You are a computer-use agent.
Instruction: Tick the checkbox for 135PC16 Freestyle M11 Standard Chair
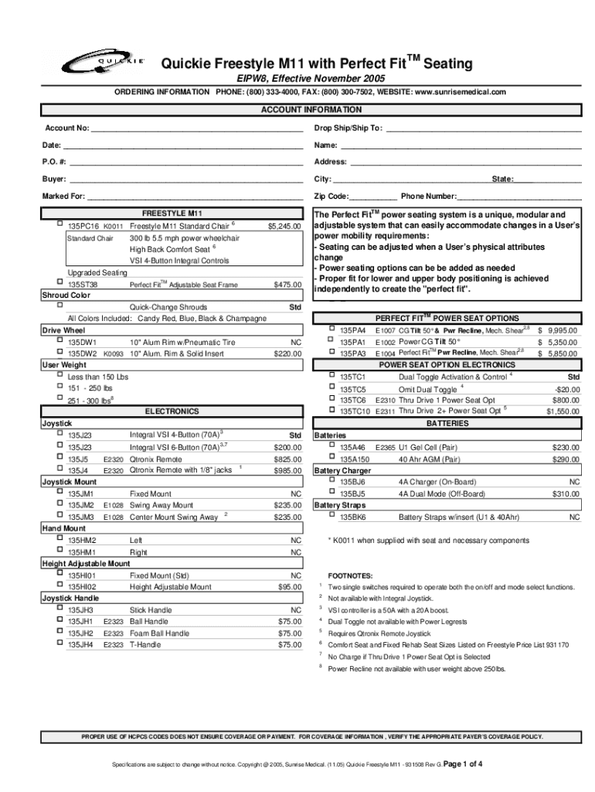[x=59, y=224]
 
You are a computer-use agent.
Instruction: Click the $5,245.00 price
[x=284, y=226]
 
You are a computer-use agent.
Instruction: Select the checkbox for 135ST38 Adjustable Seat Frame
[x=59, y=283]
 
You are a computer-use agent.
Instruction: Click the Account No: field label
[x=67, y=128]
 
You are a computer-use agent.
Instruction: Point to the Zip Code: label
[x=331, y=196]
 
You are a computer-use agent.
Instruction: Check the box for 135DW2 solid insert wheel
[x=59, y=352]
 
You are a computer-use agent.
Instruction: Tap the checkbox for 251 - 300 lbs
[x=59, y=398]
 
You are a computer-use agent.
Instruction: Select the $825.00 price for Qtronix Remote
[x=287, y=459]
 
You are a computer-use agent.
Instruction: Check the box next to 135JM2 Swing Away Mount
[x=59, y=504]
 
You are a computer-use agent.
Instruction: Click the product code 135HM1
[x=82, y=552]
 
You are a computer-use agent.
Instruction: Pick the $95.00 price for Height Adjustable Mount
[x=290, y=587]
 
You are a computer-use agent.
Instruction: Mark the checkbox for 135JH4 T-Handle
[x=59, y=643]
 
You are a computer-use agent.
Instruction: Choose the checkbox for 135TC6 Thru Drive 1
[x=331, y=399]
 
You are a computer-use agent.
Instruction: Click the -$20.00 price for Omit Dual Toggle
[x=566, y=389]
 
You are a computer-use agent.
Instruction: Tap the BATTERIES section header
[x=447, y=424]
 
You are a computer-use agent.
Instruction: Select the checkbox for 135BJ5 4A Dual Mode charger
[x=331, y=492]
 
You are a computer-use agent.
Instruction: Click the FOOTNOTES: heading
[x=350, y=575]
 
